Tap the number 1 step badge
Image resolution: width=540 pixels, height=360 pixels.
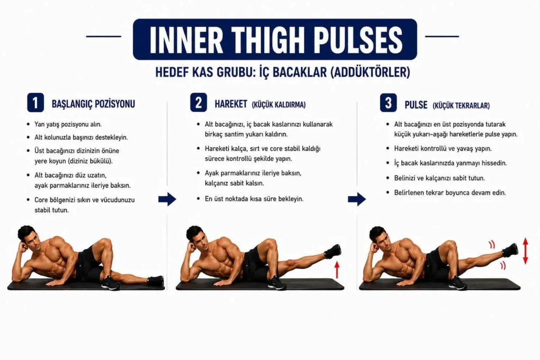[35, 103]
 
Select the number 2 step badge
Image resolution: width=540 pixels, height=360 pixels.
[198, 103]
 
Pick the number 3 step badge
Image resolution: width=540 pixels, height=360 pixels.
[388, 103]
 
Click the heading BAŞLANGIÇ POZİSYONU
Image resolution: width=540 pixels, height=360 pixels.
[93, 104]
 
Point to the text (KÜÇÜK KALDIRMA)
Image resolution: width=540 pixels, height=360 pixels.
[278, 105]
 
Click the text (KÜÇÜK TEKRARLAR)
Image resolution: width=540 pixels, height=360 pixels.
[461, 105]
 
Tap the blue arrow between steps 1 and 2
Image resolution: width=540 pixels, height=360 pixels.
[167, 199]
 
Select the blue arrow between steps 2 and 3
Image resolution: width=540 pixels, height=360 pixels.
[357, 199]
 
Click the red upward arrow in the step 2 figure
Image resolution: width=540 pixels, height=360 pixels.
[337, 269]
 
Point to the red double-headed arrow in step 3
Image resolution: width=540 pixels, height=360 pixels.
[525, 251]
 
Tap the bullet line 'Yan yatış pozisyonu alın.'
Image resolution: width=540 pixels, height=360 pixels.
[68, 124]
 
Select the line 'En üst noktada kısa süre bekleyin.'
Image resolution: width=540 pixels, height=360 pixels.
[254, 199]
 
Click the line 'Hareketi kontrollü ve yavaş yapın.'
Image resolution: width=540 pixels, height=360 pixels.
[443, 149]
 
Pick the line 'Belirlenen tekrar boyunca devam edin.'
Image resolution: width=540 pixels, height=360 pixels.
[450, 193]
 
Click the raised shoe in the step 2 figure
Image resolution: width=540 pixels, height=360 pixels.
[332, 251]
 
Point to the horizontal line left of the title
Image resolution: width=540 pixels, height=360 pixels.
[104, 36]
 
